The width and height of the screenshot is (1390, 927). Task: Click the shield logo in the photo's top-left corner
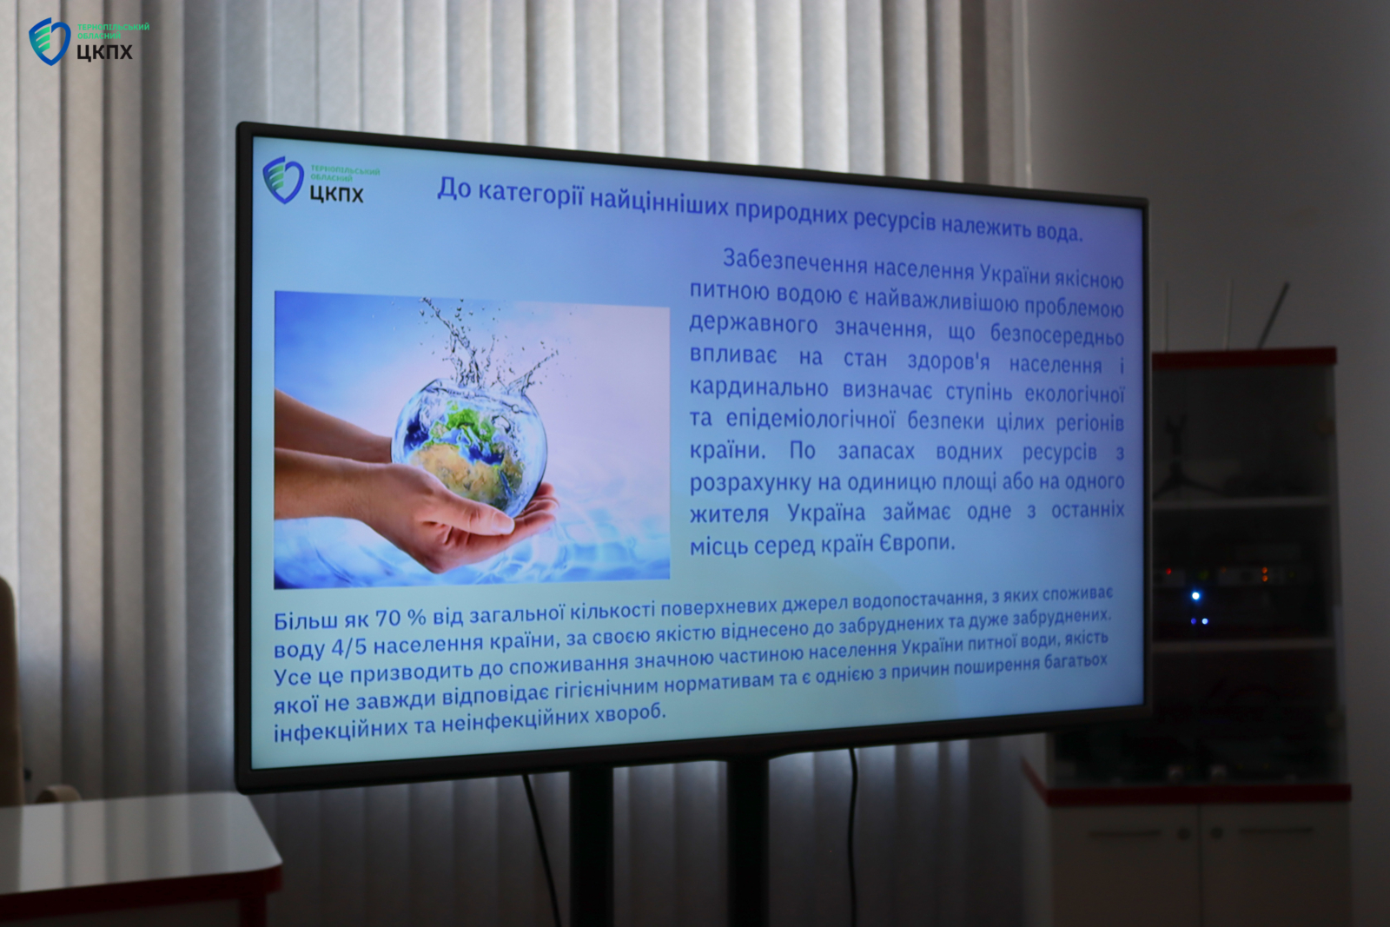pyautogui.click(x=49, y=41)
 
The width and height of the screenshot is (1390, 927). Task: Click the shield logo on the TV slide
pyautogui.click(x=283, y=179)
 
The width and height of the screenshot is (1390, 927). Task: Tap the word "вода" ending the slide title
pyautogui.click(x=1059, y=231)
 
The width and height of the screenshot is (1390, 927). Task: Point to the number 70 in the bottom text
pyautogui.click(x=388, y=618)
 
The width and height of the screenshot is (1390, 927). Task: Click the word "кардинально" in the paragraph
pyautogui.click(x=758, y=387)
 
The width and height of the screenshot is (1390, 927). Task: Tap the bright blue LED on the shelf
pyautogui.click(x=1195, y=596)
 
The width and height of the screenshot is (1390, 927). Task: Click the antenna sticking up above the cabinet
pyautogui.click(x=1274, y=315)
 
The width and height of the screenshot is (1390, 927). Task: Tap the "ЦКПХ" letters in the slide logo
pyautogui.click(x=335, y=195)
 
